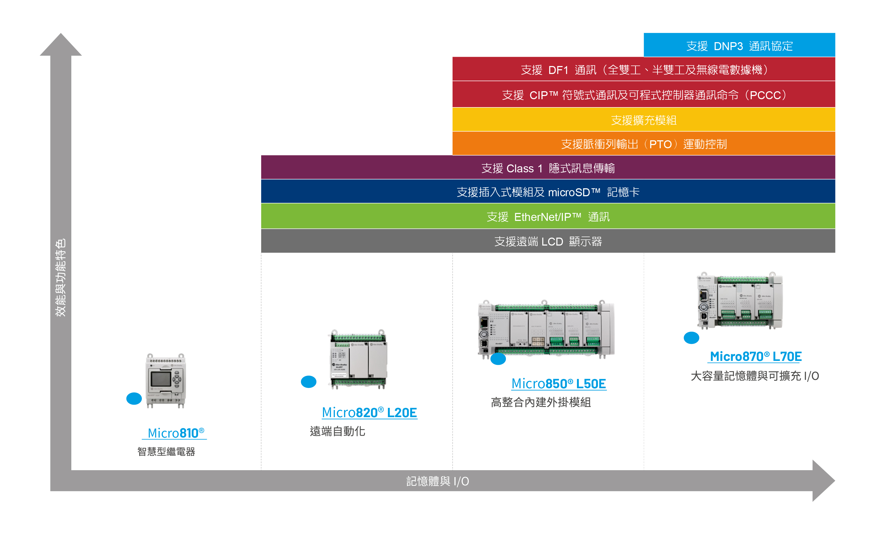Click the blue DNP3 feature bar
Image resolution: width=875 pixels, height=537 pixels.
[739, 45]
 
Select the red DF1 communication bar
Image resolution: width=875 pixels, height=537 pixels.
[644, 69]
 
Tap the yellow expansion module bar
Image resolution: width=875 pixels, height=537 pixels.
[644, 120]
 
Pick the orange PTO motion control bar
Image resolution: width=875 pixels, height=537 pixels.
[644, 143]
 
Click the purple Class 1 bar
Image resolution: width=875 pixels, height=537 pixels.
[548, 167]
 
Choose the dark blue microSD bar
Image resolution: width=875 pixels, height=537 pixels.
[548, 191]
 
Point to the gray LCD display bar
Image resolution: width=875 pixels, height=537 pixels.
[548, 241]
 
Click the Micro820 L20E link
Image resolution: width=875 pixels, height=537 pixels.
[369, 412]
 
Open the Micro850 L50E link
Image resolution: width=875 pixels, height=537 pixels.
[559, 383]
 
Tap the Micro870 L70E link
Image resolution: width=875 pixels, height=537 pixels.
[755, 356]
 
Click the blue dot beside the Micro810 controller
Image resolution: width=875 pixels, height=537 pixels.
[134, 399]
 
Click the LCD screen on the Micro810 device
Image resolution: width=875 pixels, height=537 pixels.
[161, 379]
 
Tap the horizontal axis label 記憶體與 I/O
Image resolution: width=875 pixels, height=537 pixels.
[437, 481]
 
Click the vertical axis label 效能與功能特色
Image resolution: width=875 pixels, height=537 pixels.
[60, 277]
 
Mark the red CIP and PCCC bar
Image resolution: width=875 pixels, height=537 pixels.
[644, 94]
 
